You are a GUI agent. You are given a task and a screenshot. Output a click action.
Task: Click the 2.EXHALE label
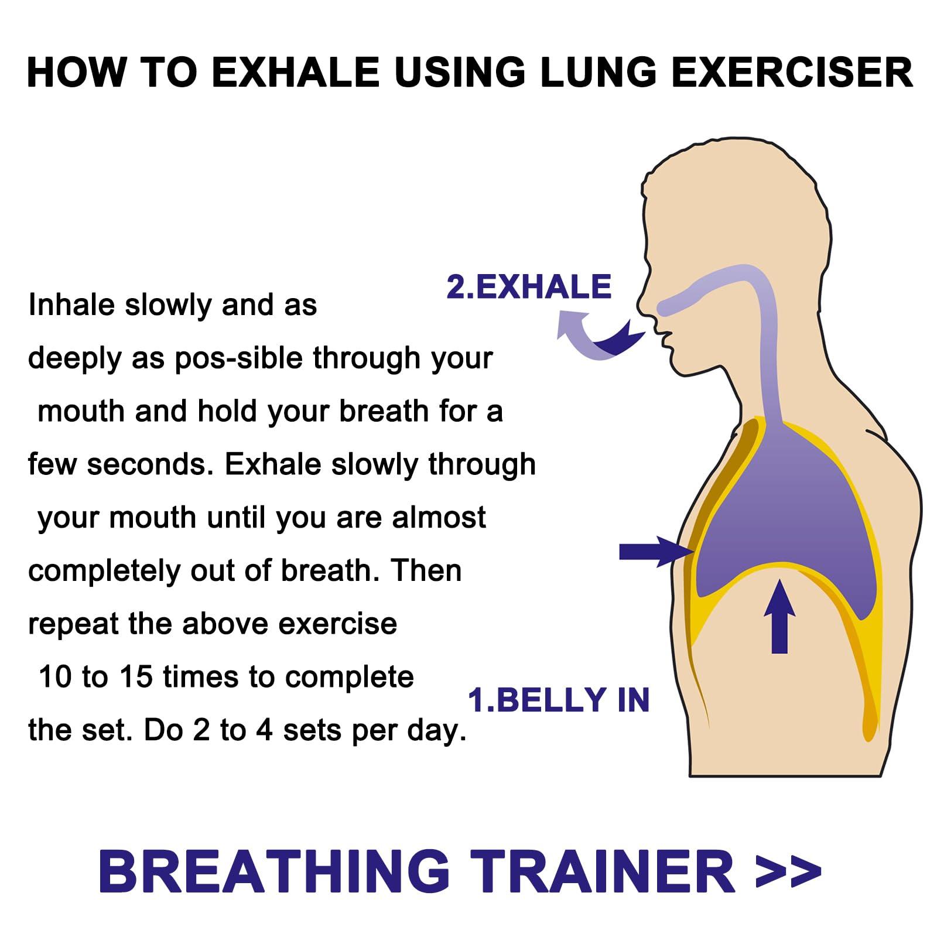[x=529, y=286]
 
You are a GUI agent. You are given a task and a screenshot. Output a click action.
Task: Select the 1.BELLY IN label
[x=559, y=700]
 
